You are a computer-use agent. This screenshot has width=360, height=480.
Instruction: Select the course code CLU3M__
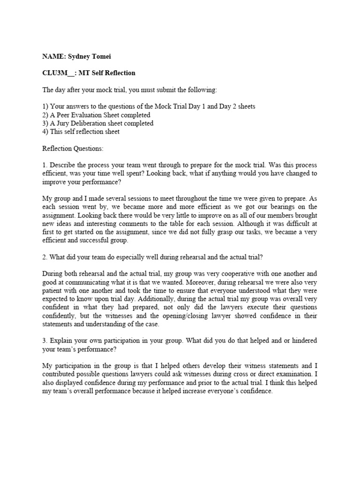pyautogui.click(x=58, y=73)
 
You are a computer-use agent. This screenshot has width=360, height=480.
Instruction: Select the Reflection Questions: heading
pyautogui.click(x=73, y=149)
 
